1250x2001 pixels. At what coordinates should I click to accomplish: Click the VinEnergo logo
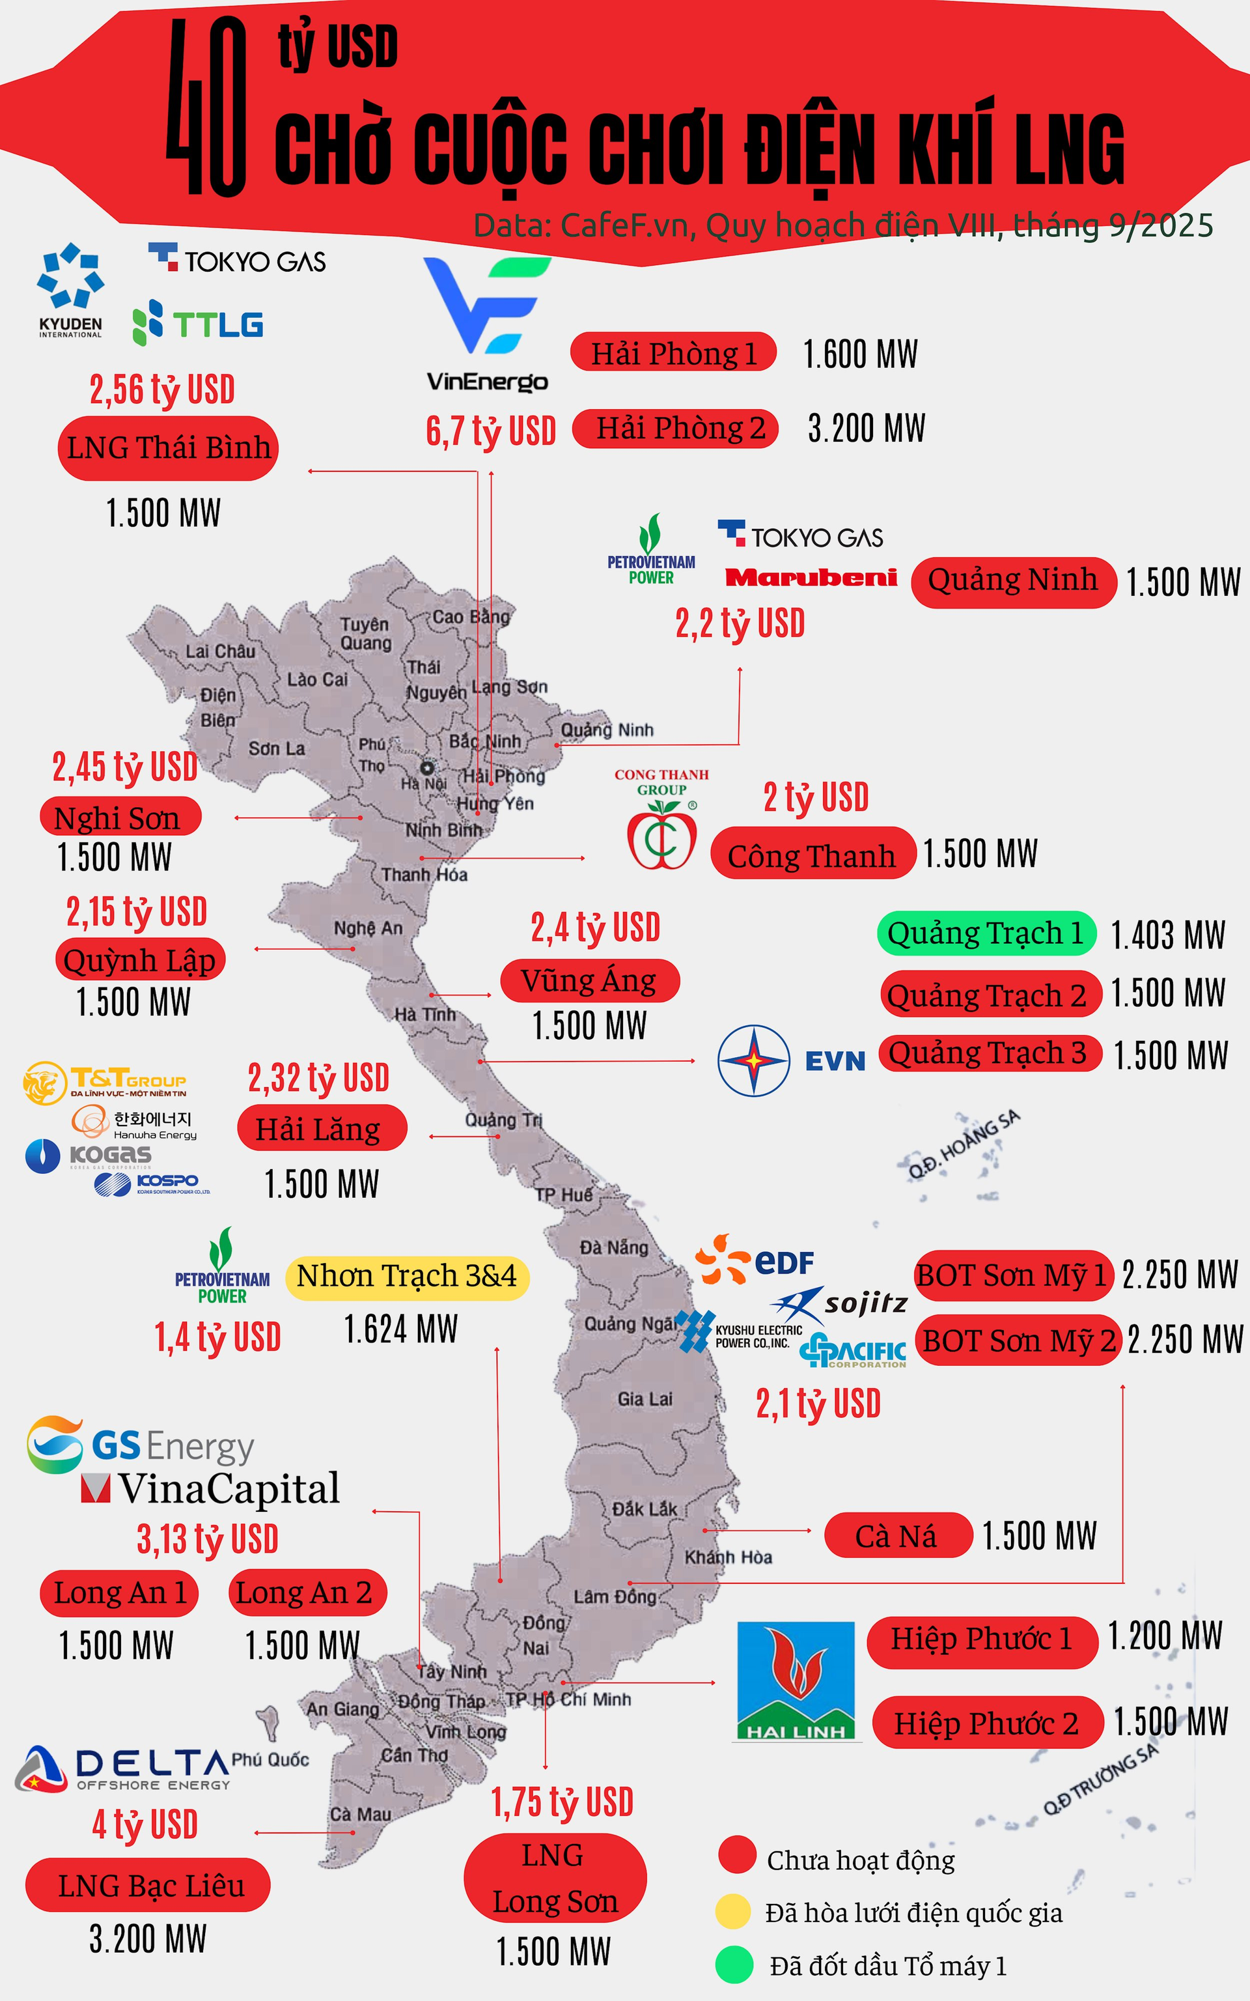tap(487, 322)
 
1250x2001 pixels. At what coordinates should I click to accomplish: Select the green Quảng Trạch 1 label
tap(986, 933)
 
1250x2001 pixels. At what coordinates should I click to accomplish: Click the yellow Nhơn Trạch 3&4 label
tap(407, 1276)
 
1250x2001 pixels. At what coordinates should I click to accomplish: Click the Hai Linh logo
tap(796, 1681)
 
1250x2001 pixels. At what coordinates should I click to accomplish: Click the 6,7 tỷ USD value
tap(490, 431)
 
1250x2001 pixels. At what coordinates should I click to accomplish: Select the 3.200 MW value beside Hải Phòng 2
tap(867, 429)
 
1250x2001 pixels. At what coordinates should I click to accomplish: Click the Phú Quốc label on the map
tap(270, 1759)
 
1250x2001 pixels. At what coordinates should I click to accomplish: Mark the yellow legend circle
tap(733, 1912)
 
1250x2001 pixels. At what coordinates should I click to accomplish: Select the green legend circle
tap(734, 1965)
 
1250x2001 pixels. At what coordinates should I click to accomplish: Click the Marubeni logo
tap(811, 577)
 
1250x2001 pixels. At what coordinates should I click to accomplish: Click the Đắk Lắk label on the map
tap(644, 1509)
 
